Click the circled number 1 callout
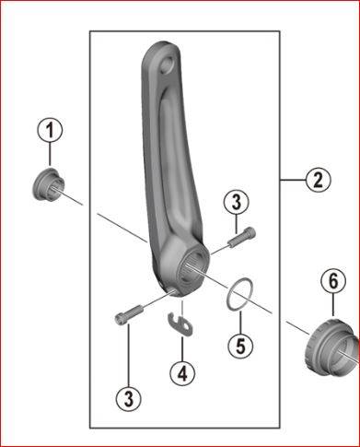50,130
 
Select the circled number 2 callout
319,181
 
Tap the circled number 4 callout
182,373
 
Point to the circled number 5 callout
241,346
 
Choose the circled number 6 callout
333,281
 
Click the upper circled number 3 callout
236,203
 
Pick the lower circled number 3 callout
129,399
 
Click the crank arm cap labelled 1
49,184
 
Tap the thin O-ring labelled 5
239,294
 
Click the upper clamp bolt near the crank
242,236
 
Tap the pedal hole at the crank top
168,65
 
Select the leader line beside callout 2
293,181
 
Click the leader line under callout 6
333,305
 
